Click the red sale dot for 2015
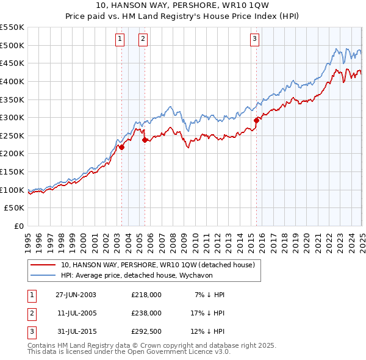pyautogui.click(x=256, y=120)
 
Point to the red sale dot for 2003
pyautogui.click(x=121, y=147)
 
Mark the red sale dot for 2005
pyautogui.click(x=145, y=140)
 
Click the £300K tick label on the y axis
pyautogui.click(x=12, y=117)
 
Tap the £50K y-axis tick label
pyautogui.click(x=15, y=208)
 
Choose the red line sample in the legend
pyautogui.click(x=43, y=265)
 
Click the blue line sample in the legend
pyautogui.click(x=43, y=275)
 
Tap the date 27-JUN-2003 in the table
pyautogui.click(x=76, y=295)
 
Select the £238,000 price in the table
pyautogui.click(x=146, y=313)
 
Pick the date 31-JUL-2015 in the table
pyautogui.click(x=76, y=331)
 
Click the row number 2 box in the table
pyautogui.click(x=31, y=313)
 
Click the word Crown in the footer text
pyautogui.click(x=173, y=345)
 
